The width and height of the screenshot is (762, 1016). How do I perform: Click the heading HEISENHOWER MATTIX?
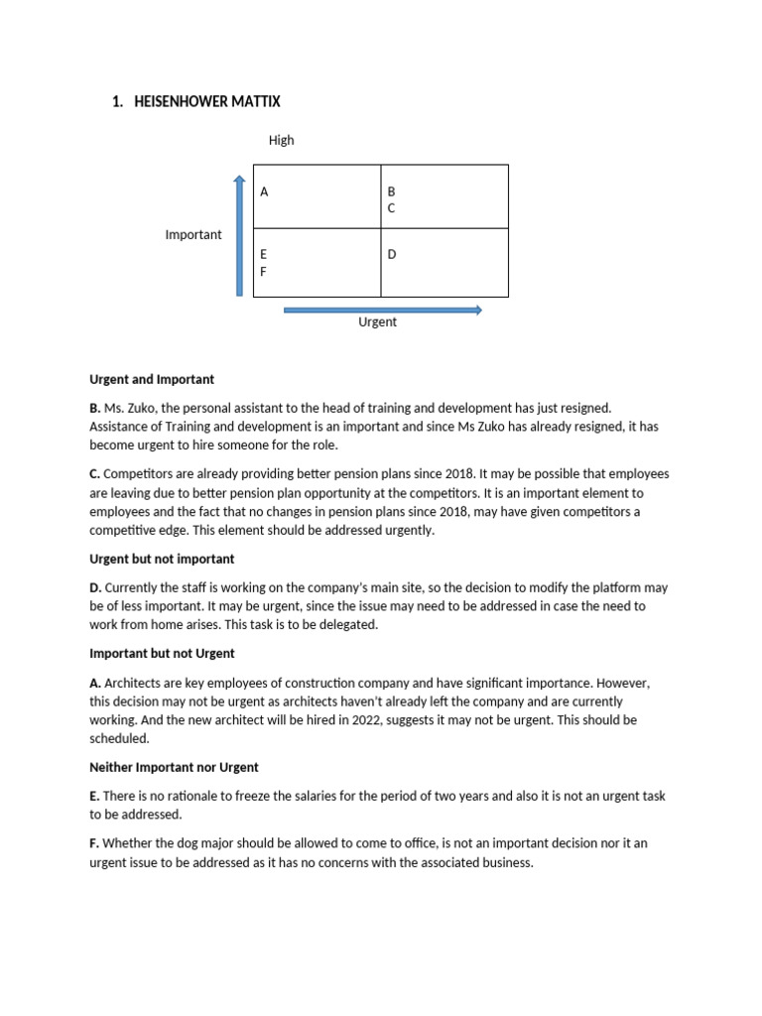coord(206,101)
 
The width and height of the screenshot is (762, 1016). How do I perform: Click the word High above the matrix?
coord(281,140)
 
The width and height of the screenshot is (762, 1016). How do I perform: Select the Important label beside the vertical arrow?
coord(193,234)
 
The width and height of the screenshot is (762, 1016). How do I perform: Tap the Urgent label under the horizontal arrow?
coord(377,322)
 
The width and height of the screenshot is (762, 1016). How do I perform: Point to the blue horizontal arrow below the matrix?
coord(382,310)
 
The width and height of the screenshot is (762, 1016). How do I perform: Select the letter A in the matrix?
coord(264,191)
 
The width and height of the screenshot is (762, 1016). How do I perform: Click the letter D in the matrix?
coord(392,255)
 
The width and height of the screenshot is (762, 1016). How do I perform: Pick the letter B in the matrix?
coord(391,190)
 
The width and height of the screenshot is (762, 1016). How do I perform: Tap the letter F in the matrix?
coord(263,271)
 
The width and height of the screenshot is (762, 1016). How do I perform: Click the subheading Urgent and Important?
coord(152,379)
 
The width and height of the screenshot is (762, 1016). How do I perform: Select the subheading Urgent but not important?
coord(162,559)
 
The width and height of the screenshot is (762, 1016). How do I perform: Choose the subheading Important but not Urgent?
coord(162,653)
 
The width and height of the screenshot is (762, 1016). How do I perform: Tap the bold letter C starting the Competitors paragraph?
coord(94,473)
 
